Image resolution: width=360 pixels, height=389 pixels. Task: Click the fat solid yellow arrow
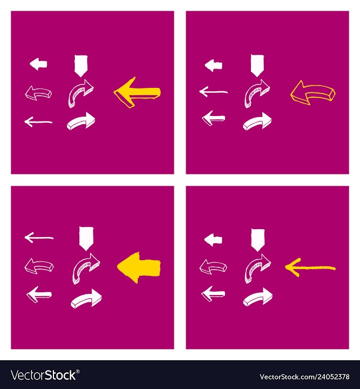click(139, 267)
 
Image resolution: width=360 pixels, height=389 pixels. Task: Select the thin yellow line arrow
click(310, 267)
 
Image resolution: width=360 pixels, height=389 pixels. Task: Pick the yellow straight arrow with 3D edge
click(137, 92)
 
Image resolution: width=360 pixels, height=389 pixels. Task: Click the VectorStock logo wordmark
click(43, 375)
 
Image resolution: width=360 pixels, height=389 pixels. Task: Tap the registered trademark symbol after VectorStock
click(78, 372)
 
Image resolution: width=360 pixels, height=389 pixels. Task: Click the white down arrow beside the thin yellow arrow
click(258, 240)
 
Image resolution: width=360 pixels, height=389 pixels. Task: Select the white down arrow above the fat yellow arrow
click(86, 239)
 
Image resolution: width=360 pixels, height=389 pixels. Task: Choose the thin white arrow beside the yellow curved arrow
click(214, 92)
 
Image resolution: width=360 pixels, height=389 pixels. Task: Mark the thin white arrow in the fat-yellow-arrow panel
click(39, 238)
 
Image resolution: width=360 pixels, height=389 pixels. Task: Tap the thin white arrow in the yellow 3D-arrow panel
click(38, 122)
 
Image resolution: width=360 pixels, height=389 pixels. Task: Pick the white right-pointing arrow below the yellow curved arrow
click(257, 122)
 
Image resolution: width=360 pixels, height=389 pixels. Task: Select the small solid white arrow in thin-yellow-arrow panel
click(213, 240)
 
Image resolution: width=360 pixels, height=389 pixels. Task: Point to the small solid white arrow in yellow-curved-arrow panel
click(214, 65)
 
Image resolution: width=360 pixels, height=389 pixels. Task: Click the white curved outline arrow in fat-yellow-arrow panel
click(39, 266)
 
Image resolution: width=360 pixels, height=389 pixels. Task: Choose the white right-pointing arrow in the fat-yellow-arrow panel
click(86, 298)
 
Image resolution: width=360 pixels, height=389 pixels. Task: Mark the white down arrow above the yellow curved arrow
click(258, 65)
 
